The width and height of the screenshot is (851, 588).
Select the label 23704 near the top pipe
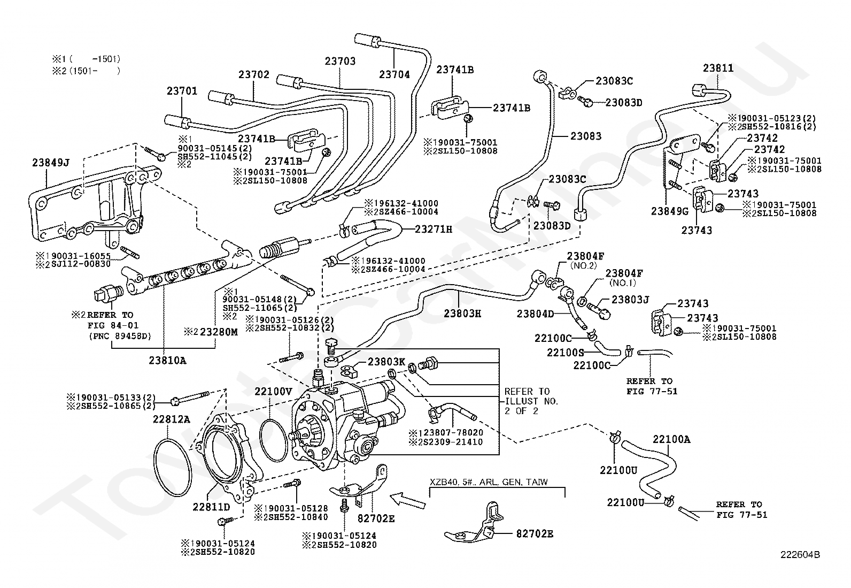click(x=394, y=75)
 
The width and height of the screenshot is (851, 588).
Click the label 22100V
click(x=273, y=392)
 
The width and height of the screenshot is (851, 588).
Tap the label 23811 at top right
click(x=718, y=68)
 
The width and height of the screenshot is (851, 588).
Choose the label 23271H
click(x=434, y=230)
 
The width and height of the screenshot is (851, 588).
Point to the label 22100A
click(x=671, y=440)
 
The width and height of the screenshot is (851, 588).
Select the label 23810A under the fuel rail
click(x=167, y=361)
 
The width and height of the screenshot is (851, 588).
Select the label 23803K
click(x=386, y=362)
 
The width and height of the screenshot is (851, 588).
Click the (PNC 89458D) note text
click(x=120, y=336)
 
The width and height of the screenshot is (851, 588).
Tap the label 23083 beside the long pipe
click(x=585, y=136)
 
